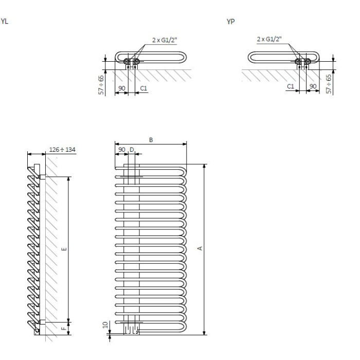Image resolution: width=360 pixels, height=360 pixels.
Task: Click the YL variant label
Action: pyautogui.click(x=4, y=22)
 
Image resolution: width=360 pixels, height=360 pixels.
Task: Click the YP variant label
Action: pyautogui.click(x=230, y=22)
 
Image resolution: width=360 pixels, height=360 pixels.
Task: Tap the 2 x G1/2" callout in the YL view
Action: pyautogui.click(x=165, y=40)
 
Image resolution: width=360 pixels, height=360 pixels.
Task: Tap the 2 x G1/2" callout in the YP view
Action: pyautogui.click(x=269, y=39)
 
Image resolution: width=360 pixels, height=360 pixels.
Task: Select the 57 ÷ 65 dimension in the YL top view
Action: pyautogui.click(x=101, y=85)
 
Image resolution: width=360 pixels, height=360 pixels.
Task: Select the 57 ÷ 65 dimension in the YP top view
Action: pyautogui.click(x=329, y=84)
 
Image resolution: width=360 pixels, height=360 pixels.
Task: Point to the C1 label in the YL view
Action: pyautogui.click(x=143, y=88)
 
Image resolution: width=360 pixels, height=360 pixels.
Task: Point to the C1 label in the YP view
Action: pyautogui.click(x=291, y=86)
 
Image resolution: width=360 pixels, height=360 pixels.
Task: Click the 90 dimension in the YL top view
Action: pyautogui.click(x=122, y=88)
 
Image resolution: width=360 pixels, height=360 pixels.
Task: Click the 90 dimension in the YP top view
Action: pyautogui.click(x=313, y=86)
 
